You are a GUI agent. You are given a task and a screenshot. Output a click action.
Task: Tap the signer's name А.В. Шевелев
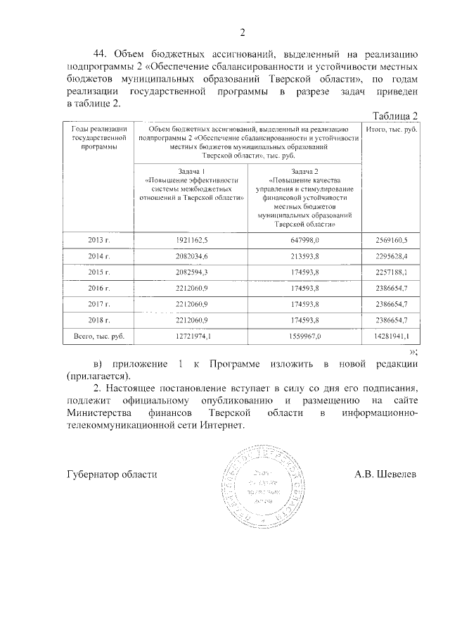[x=385, y=474]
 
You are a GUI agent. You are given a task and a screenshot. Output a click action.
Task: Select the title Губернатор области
[x=112, y=474]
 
